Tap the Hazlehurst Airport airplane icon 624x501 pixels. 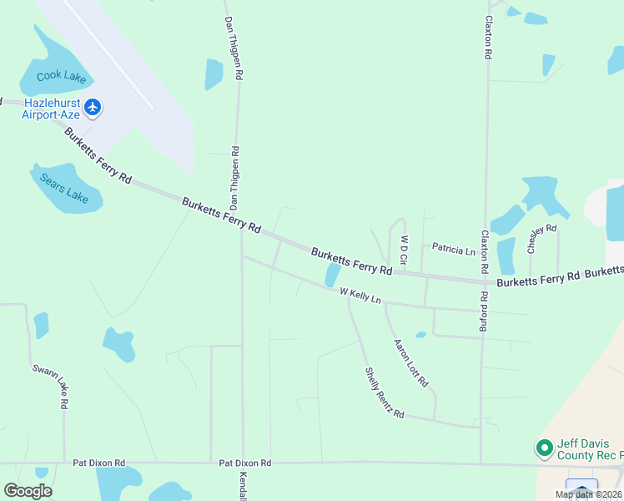(93, 107)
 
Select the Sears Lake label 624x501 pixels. (64, 188)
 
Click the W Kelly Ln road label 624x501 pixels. (360, 296)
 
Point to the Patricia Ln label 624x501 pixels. (453, 250)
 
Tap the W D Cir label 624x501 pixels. (404, 250)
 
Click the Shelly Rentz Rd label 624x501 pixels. (384, 393)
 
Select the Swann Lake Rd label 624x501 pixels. (49, 386)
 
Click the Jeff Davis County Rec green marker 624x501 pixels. (545, 448)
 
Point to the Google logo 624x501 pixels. (28, 491)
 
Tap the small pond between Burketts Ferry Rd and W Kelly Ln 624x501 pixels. (332, 275)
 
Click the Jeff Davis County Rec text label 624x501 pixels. (588, 449)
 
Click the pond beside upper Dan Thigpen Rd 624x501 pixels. (214, 73)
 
